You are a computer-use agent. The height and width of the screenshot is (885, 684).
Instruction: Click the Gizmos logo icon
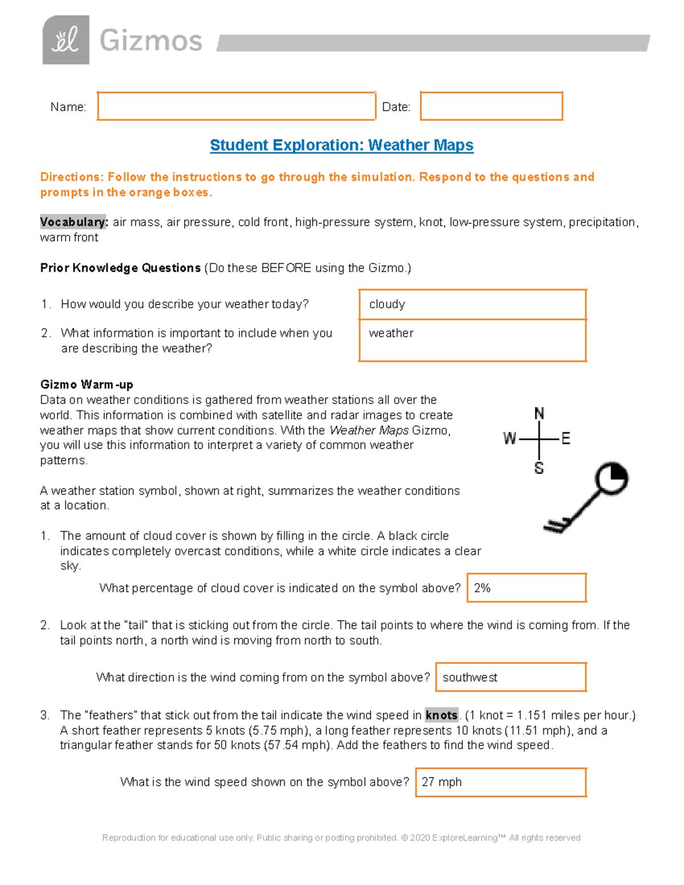pyautogui.click(x=66, y=40)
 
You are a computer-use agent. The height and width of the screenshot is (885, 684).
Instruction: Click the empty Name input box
pyautogui.click(x=236, y=106)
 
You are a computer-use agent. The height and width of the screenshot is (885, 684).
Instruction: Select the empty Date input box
pyautogui.click(x=491, y=106)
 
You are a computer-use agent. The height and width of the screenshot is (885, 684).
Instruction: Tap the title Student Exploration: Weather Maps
pyautogui.click(x=341, y=145)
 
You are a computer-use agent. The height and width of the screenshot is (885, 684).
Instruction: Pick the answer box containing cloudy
pyautogui.click(x=472, y=304)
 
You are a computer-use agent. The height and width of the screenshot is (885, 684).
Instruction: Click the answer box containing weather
pyautogui.click(x=472, y=340)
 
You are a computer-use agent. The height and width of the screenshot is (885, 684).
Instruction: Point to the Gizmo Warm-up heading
pyautogui.click(x=87, y=385)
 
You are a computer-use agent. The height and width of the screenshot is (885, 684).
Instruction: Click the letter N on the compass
pyautogui.click(x=539, y=414)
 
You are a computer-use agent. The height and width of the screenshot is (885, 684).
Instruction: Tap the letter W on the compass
pyautogui.click(x=509, y=438)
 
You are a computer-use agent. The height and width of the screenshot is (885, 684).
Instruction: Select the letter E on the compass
pyautogui.click(x=565, y=438)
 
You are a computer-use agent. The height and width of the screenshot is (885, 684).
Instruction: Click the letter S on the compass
pyautogui.click(x=539, y=468)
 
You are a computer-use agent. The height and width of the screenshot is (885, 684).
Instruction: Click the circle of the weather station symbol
pyautogui.click(x=612, y=478)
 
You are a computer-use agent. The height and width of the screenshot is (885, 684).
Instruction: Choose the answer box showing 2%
pyautogui.click(x=526, y=588)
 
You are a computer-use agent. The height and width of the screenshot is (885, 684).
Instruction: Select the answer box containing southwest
pyautogui.click(x=511, y=677)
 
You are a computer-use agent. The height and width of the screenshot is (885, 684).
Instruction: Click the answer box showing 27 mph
pyautogui.click(x=500, y=782)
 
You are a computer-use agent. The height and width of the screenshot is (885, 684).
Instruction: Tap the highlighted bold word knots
pyautogui.click(x=442, y=715)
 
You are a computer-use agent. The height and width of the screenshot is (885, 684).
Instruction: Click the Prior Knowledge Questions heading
pyautogui.click(x=120, y=268)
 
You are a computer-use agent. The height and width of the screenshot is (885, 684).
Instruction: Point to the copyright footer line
pyautogui.click(x=341, y=838)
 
